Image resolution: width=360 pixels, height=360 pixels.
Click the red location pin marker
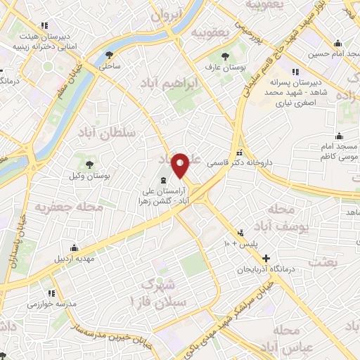pos(181,165)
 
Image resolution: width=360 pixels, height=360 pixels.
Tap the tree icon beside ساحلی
pos(109,55)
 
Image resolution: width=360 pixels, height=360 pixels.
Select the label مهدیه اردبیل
pos(73,257)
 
